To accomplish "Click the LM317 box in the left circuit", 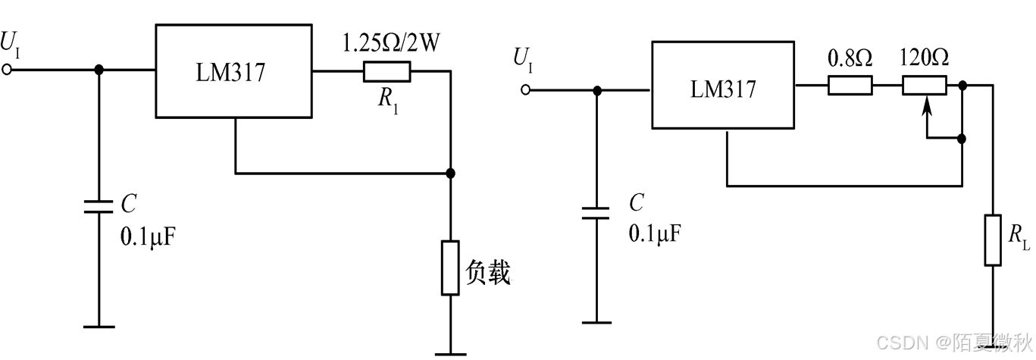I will click(x=233, y=71).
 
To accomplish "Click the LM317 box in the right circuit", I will click(x=722, y=89).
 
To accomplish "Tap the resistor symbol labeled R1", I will click(x=387, y=71).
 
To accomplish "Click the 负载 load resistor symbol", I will click(x=450, y=268).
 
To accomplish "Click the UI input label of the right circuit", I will click(x=522, y=58).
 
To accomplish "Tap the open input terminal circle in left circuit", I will click(x=8, y=70).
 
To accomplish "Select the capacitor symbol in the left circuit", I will click(x=99, y=207).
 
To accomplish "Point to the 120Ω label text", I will click(x=924, y=58).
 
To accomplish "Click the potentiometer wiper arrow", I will click(x=925, y=114).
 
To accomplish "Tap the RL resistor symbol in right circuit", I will click(x=993, y=240).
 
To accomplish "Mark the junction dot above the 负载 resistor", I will click(x=450, y=174).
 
